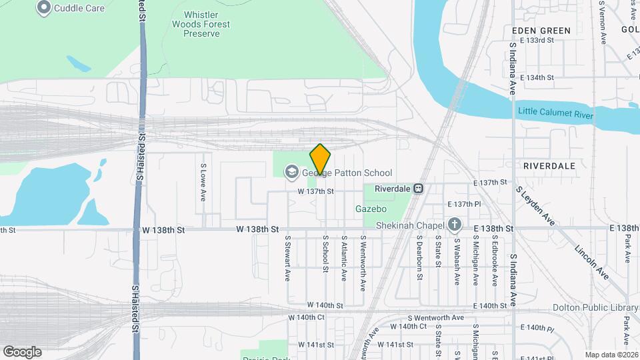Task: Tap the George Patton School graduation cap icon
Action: click(x=291, y=173)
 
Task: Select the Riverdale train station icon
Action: click(x=418, y=189)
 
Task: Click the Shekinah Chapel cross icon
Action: click(x=455, y=225)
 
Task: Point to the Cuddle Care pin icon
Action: click(x=45, y=8)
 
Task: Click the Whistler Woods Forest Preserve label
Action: click(x=207, y=24)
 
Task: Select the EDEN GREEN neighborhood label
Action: click(x=541, y=31)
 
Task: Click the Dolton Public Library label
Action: click(x=595, y=307)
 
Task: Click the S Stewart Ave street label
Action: click(x=288, y=257)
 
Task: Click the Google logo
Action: click(x=22, y=351)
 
